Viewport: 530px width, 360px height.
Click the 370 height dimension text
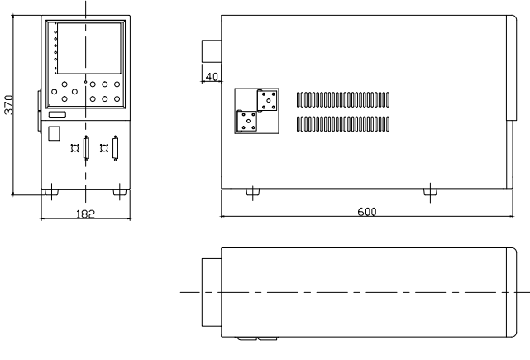click(x=9, y=105)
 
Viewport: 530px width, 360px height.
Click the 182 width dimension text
click(x=85, y=214)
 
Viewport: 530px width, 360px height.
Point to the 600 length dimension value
click(x=367, y=212)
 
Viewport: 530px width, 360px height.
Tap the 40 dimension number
click(x=212, y=77)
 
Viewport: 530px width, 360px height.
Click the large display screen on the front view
click(x=89, y=48)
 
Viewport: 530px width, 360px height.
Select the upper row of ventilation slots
click(x=343, y=100)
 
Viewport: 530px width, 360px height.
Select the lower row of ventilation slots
click(x=343, y=124)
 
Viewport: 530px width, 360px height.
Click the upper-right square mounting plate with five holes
click(x=268, y=100)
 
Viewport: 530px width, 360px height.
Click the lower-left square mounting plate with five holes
click(x=247, y=121)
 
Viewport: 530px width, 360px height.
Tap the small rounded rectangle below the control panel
click(x=57, y=114)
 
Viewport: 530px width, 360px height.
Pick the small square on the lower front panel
click(x=54, y=133)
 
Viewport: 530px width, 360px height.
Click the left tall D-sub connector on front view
click(x=86, y=148)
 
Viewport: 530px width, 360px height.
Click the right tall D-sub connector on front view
click(x=115, y=148)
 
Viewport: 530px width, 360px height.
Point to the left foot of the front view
click(x=51, y=192)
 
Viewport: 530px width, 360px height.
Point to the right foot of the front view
click(x=120, y=192)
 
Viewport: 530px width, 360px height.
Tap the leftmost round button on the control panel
click(x=54, y=91)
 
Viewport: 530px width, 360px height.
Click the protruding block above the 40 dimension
click(x=212, y=51)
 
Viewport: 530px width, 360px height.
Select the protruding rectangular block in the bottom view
click(x=212, y=293)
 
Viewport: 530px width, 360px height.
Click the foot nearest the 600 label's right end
click(x=430, y=192)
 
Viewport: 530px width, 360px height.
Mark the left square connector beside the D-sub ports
click(x=74, y=148)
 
